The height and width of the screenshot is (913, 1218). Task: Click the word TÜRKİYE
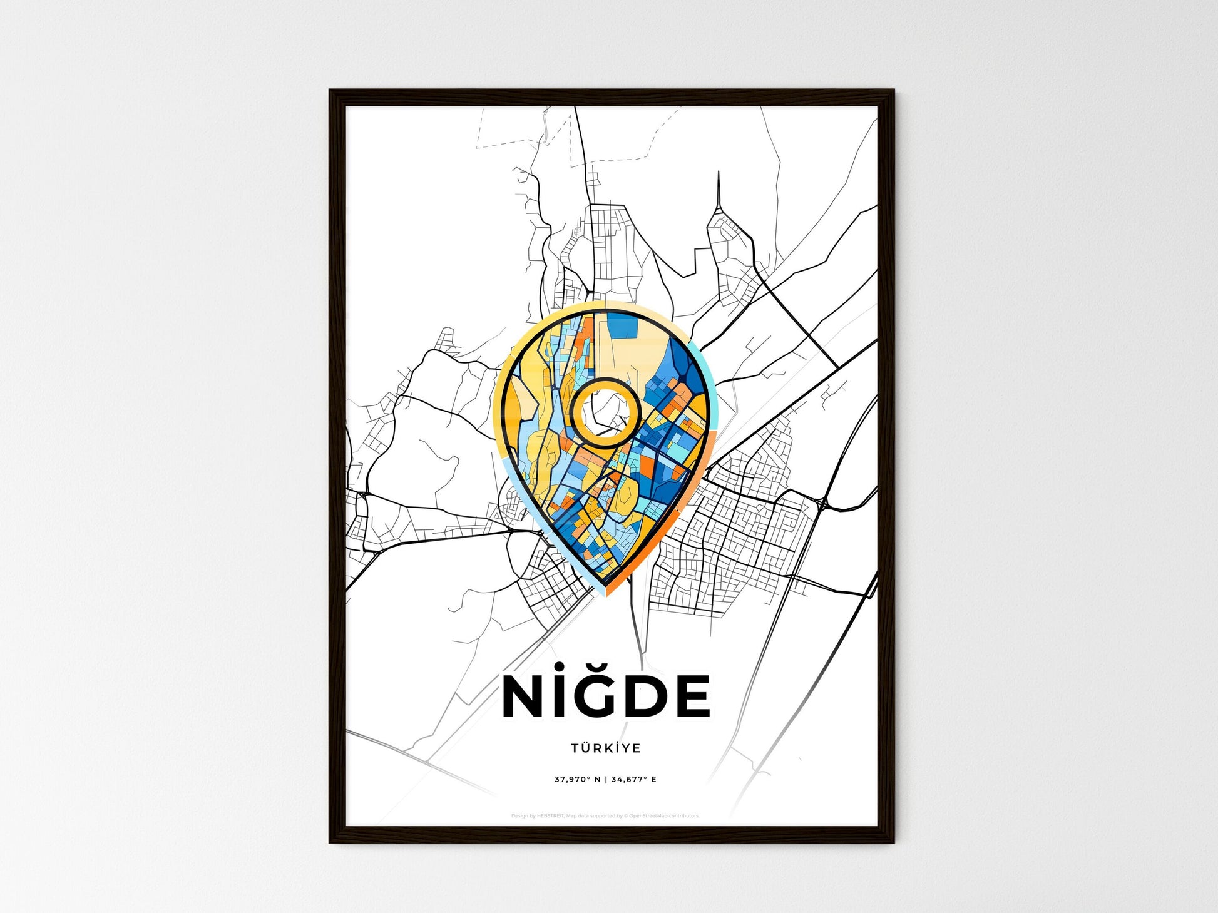[x=605, y=748]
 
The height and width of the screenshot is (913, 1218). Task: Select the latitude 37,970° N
[x=577, y=780]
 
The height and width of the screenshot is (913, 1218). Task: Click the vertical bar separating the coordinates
[x=605, y=780]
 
